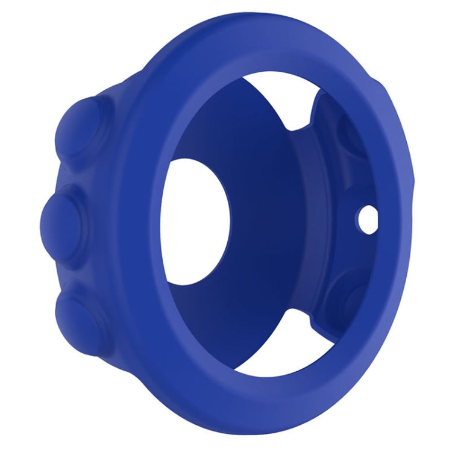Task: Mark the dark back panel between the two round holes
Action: click(289, 223)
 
